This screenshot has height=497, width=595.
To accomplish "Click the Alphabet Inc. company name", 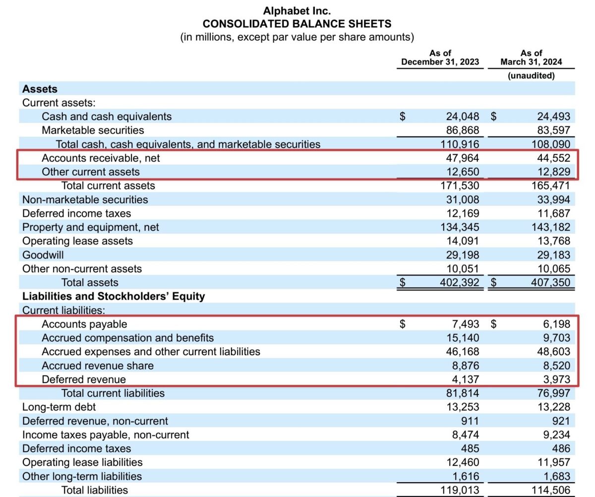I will click(297, 10).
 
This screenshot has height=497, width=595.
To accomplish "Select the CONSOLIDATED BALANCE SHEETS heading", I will click(297, 23).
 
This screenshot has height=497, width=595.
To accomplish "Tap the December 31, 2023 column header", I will click(440, 58).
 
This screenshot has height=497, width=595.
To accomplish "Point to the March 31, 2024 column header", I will click(531, 58).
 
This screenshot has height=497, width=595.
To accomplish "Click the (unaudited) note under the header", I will click(531, 76).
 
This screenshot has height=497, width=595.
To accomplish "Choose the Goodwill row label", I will click(43, 255).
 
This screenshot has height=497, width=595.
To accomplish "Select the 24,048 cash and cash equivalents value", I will click(463, 117).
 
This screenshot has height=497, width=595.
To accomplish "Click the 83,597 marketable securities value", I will click(553, 130).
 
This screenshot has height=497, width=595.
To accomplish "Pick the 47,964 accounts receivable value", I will click(463, 158).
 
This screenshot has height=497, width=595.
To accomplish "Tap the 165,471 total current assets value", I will click(551, 186).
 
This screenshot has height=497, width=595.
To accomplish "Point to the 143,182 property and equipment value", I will click(551, 227).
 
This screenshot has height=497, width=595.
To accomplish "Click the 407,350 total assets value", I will click(551, 283).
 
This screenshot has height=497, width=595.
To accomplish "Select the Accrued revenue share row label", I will click(98, 366).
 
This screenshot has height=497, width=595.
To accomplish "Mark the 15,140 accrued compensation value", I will click(463, 338).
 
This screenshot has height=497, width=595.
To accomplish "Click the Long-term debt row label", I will click(59, 407).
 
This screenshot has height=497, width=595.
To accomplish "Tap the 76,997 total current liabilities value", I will click(553, 393).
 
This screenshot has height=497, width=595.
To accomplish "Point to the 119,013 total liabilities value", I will click(460, 490).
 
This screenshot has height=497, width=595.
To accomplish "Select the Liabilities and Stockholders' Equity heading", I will click(114, 297).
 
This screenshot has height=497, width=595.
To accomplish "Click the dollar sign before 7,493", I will click(403, 324).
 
